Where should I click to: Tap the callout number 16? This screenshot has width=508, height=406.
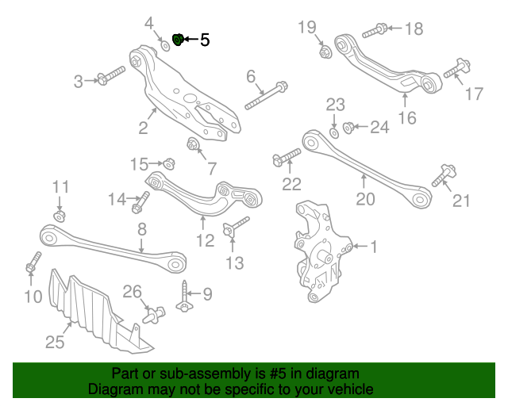point(406,118)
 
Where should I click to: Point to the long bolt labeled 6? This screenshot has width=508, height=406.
point(266,95)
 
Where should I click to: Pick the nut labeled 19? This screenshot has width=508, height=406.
point(324,53)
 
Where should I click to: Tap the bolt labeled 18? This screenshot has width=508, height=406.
point(374,32)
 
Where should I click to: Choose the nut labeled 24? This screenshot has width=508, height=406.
point(349,126)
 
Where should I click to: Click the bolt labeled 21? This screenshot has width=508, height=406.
point(441,175)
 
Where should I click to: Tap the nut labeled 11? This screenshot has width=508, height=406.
point(60,215)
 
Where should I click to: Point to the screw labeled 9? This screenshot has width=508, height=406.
point(184,298)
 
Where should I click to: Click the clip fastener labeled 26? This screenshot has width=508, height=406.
point(152,315)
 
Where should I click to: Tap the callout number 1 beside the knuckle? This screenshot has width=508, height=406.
point(373,247)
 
